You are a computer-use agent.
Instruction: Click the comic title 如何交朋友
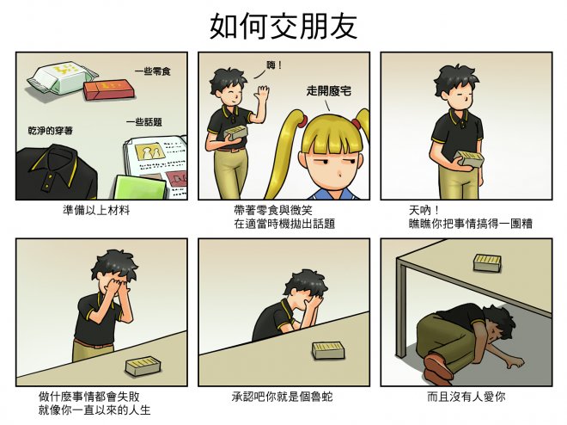(283, 26)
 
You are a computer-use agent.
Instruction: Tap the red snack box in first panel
(110, 90)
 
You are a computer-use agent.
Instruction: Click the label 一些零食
(153, 71)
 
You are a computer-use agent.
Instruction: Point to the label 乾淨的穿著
(51, 130)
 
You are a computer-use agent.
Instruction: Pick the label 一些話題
(144, 122)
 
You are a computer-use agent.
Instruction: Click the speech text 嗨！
(274, 65)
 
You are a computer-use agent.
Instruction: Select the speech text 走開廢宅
(329, 90)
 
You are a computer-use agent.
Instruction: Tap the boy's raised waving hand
(261, 94)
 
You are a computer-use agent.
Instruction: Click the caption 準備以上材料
(96, 210)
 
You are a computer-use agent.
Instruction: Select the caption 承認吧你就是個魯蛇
(283, 397)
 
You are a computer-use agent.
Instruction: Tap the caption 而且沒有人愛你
(466, 397)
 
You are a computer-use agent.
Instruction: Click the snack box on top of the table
(487, 262)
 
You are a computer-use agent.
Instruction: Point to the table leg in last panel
(401, 308)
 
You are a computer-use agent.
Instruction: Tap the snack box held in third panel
(469, 159)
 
